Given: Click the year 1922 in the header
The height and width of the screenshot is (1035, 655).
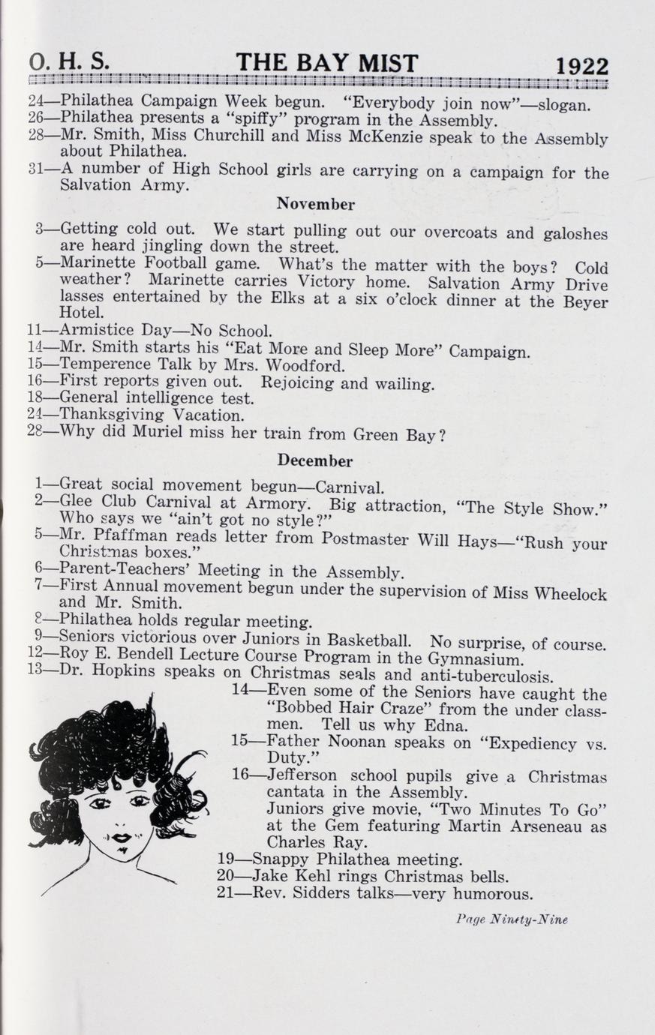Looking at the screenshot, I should click(581, 67).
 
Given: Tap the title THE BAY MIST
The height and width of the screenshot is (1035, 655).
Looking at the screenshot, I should click(326, 64).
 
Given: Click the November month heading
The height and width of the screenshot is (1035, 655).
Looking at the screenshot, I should click(315, 204).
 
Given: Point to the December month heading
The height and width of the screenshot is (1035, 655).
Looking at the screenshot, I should click(315, 460).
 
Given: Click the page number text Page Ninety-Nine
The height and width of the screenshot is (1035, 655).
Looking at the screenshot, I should click(511, 919).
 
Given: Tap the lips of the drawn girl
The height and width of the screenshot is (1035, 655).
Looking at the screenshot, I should click(121, 836).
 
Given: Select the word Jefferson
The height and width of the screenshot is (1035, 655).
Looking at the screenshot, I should click(302, 775).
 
